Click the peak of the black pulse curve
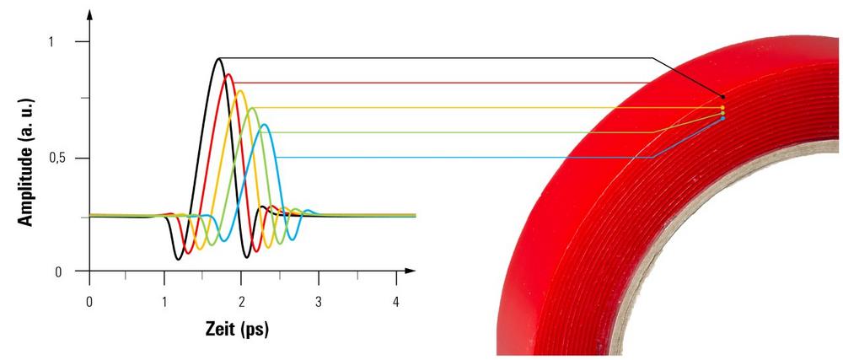point(219,58)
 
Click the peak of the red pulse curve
point(228,75)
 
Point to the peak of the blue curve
point(265,125)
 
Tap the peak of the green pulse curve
point(252,108)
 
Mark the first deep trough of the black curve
point(179,258)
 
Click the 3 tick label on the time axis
point(319,302)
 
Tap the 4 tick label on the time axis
point(396,302)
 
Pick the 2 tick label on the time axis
point(243,302)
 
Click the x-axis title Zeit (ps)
point(236,330)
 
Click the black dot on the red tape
point(722,97)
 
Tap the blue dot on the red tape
point(722,118)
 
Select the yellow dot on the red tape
point(722,108)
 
